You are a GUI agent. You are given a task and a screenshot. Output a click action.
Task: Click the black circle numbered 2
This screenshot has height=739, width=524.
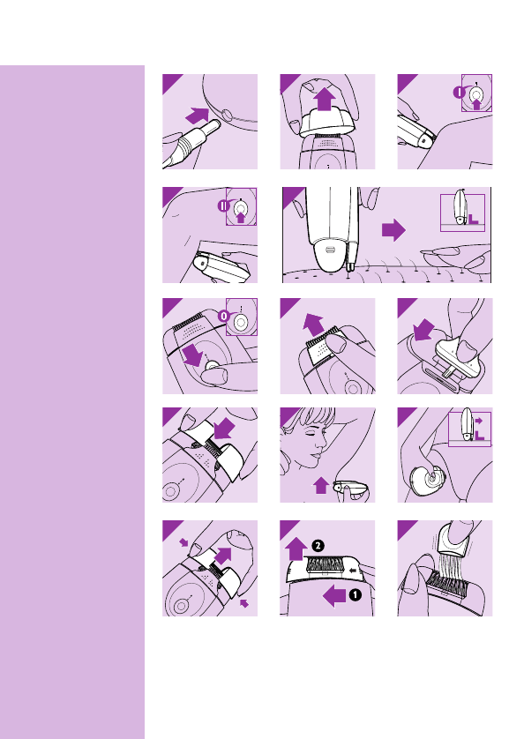point(318,546)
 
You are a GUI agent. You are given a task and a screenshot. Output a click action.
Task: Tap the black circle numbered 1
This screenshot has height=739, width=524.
point(355,595)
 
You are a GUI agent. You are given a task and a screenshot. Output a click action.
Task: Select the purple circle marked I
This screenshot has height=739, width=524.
point(459,92)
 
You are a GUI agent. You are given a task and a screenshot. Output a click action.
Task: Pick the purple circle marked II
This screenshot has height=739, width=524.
point(223,205)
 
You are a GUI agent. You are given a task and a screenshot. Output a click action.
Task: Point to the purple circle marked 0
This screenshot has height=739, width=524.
point(223,316)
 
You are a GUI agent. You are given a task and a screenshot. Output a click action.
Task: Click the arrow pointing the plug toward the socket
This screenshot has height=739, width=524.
point(198,116)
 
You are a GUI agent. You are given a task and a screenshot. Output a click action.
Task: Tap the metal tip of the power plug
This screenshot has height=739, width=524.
point(213,126)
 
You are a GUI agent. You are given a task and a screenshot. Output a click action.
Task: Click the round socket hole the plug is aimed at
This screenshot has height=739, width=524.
point(227,115)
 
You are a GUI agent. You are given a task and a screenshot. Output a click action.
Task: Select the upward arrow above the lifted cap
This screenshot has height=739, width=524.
point(325,99)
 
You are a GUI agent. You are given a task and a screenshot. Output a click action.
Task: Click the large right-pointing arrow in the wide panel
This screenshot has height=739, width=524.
point(393,230)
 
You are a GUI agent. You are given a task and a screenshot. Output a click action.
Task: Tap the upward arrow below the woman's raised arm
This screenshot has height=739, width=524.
point(321,485)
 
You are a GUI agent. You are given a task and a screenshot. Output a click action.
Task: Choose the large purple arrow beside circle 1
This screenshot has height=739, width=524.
point(334,596)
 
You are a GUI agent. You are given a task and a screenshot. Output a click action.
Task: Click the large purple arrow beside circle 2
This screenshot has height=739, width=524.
point(296,549)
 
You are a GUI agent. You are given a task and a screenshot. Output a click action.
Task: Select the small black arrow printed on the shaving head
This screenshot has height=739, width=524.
point(352,571)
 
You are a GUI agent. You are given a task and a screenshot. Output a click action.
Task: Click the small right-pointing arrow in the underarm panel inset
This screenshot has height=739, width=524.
point(478,421)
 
